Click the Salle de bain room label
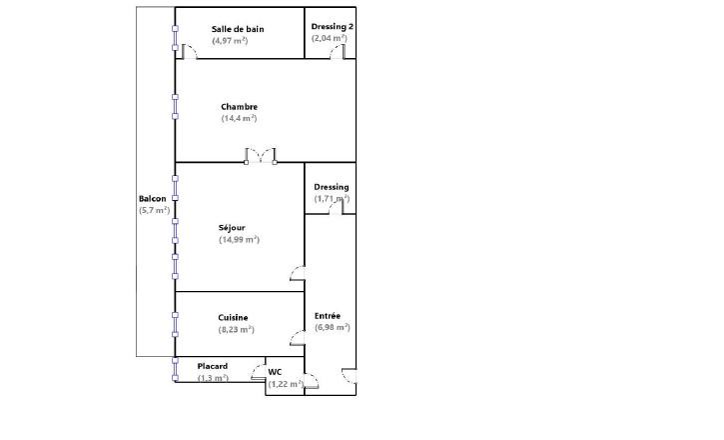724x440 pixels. (238, 29)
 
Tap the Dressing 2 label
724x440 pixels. (333, 27)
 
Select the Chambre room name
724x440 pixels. (240, 107)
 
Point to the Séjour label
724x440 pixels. (232, 227)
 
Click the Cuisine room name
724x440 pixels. (233, 318)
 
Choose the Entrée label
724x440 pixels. (328, 316)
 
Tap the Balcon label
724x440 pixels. (153, 199)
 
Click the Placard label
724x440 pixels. (213, 366)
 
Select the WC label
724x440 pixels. (275, 372)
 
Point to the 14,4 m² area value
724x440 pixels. (240, 118)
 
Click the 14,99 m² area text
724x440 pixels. (240, 239)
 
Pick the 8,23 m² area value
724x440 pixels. (237, 330)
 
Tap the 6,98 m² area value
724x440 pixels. (333, 327)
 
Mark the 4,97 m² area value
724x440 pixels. (230, 41)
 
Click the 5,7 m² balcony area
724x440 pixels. (154, 210)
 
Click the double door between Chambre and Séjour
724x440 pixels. (261, 156)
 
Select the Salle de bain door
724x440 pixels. (190, 52)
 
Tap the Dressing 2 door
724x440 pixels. (338, 52)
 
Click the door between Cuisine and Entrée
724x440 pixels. (298, 338)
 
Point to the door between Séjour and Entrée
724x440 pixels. (298, 274)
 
